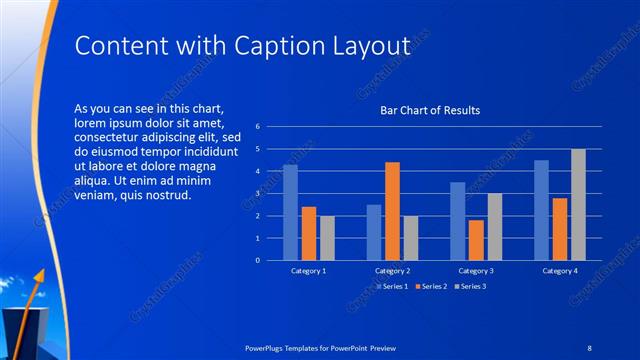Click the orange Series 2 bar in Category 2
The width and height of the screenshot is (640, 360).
(x=392, y=211)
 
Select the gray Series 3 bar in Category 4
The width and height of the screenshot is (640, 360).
(x=578, y=204)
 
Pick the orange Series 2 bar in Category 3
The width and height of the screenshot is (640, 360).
(x=476, y=240)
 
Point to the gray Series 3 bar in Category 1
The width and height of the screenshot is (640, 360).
(x=327, y=238)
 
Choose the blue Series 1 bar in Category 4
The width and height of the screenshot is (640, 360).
(x=541, y=210)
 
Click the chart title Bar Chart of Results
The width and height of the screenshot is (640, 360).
(x=430, y=110)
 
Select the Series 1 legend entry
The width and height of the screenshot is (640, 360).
(x=392, y=287)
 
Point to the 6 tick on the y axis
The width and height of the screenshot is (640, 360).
(x=258, y=127)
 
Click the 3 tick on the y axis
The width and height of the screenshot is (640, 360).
(x=258, y=194)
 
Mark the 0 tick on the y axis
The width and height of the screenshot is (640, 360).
(x=258, y=261)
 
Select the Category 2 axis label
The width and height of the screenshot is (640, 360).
(x=392, y=271)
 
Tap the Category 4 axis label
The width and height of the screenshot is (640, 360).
(x=560, y=271)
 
